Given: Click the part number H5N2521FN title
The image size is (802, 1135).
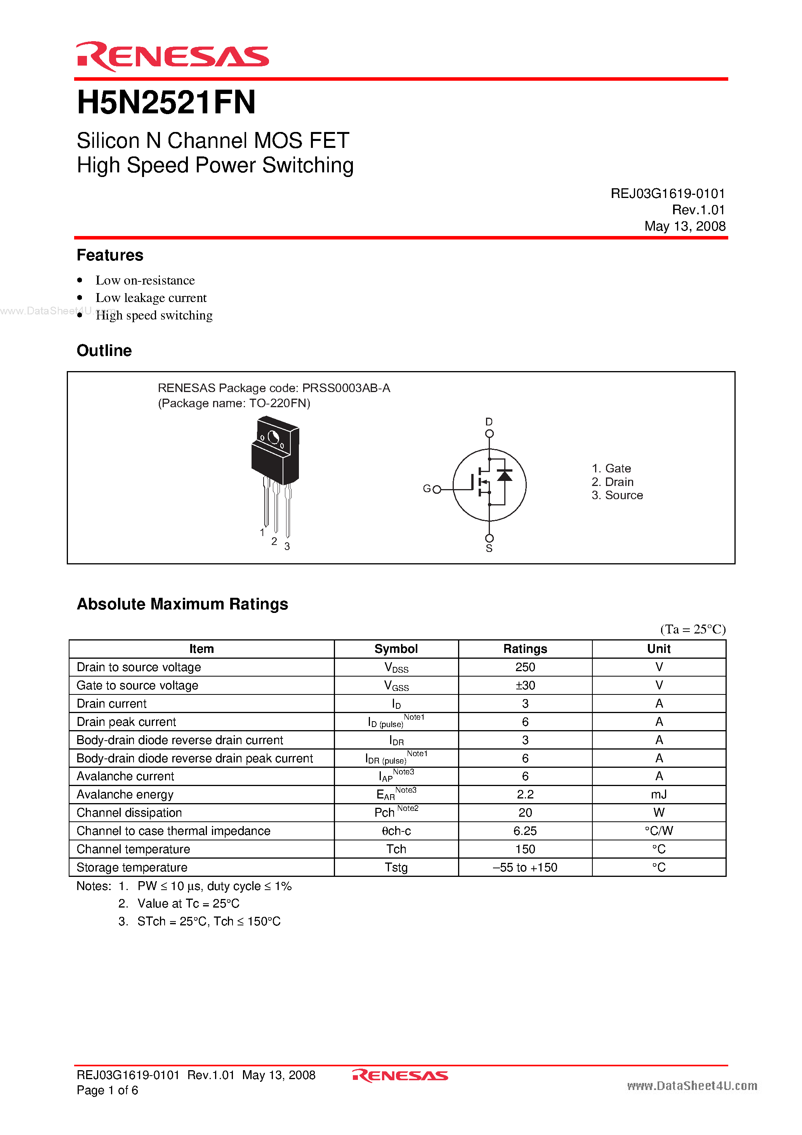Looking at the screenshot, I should pyautogui.click(x=166, y=103).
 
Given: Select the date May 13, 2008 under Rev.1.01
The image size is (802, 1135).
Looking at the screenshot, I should pyautogui.click(x=684, y=226).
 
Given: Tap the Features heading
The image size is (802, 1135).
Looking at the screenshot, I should pyautogui.click(x=110, y=255).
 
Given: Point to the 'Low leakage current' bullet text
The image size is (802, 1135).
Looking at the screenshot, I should pyautogui.click(x=151, y=298).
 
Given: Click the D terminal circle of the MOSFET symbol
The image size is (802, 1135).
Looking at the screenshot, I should pyautogui.click(x=489, y=434).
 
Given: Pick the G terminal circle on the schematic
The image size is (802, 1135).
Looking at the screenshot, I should pyautogui.click(x=437, y=489).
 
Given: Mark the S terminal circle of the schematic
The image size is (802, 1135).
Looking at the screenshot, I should pyautogui.click(x=489, y=538).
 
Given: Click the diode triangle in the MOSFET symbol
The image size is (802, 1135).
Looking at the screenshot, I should pyautogui.click(x=504, y=475).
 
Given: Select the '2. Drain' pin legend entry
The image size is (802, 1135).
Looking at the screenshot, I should pyautogui.click(x=612, y=482).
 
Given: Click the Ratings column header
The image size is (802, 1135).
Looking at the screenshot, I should pyautogui.click(x=525, y=649).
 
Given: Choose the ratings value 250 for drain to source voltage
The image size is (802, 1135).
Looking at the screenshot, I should pyautogui.click(x=525, y=667).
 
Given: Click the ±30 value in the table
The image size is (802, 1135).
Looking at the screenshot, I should pyautogui.click(x=525, y=686).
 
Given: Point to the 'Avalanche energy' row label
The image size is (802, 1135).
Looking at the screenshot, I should pyautogui.click(x=125, y=795).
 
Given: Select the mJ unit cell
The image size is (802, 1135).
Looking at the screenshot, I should pyautogui.click(x=659, y=795).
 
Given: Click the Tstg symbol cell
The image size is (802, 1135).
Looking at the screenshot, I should pyautogui.click(x=396, y=868).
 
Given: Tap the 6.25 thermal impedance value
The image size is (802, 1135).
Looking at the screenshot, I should pyautogui.click(x=525, y=831).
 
